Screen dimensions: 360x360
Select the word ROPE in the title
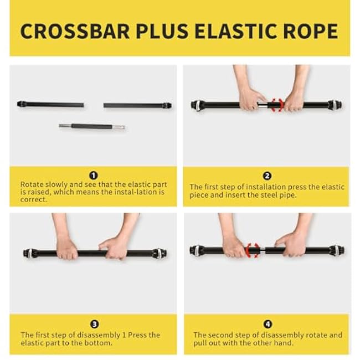pos(312,31)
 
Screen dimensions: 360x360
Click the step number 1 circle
pos(93,176)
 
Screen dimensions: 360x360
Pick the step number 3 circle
pos(94,324)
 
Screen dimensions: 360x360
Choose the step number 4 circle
pos(267,324)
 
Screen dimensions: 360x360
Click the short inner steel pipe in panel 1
pos(92,126)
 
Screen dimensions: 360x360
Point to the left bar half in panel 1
pos(50,104)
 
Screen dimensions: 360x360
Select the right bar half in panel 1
pos(137,105)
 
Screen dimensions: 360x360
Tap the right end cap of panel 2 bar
pos(335,105)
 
